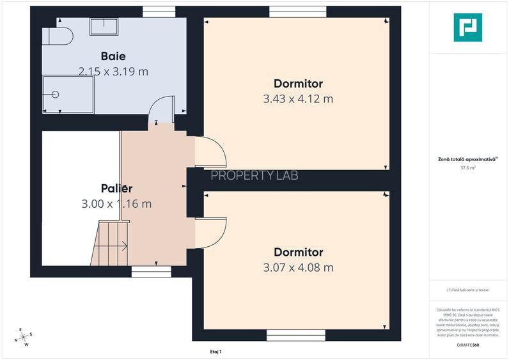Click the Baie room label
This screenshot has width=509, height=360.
pos(113,56)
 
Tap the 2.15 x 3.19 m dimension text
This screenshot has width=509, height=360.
pos(113,72)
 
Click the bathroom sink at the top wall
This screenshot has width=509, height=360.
pos(103,26)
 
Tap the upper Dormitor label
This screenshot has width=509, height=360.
pos(298,84)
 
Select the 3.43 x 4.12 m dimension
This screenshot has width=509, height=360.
pos(298,99)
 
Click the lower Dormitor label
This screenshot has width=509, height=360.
pos(298,252)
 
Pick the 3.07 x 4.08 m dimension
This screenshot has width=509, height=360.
pos(298,267)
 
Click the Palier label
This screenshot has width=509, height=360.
pos(116,189)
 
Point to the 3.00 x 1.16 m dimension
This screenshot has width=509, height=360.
pos(116,204)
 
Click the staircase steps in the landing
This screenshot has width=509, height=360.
pos(110,243)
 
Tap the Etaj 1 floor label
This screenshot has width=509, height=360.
pos(215,351)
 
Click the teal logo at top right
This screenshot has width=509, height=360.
pos(468,27)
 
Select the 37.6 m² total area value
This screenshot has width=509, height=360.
pos(468,168)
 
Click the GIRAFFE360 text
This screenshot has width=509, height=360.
pos(468,345)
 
